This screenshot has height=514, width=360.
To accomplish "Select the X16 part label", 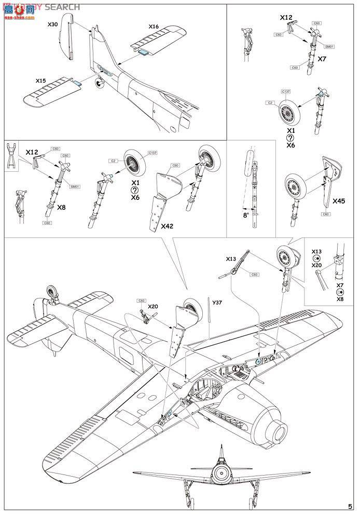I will pyautogui.click(x=154, y=26).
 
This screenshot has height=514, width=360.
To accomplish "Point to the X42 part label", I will pyautogui.click(x=168, y=226).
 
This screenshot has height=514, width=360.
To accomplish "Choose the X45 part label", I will pyautogui.click(x=339, y=200).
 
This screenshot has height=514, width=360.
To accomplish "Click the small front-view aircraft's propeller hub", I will pyautogui.click(x=222, y=473).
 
